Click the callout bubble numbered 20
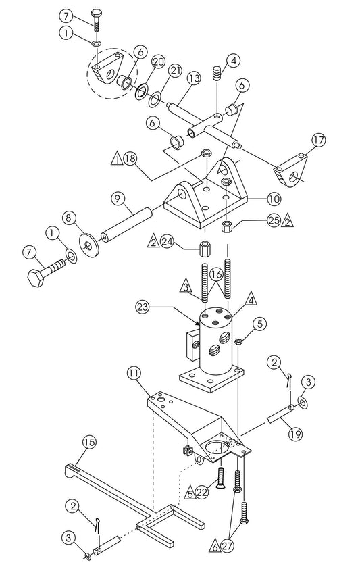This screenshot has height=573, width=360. [x=158, y=61]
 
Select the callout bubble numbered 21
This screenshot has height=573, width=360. [x=175, y=70]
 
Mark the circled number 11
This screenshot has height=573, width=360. [x=136, y=372]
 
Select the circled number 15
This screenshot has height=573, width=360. [x=89, y=441]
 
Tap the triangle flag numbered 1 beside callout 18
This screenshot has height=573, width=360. [x=116, y=159]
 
